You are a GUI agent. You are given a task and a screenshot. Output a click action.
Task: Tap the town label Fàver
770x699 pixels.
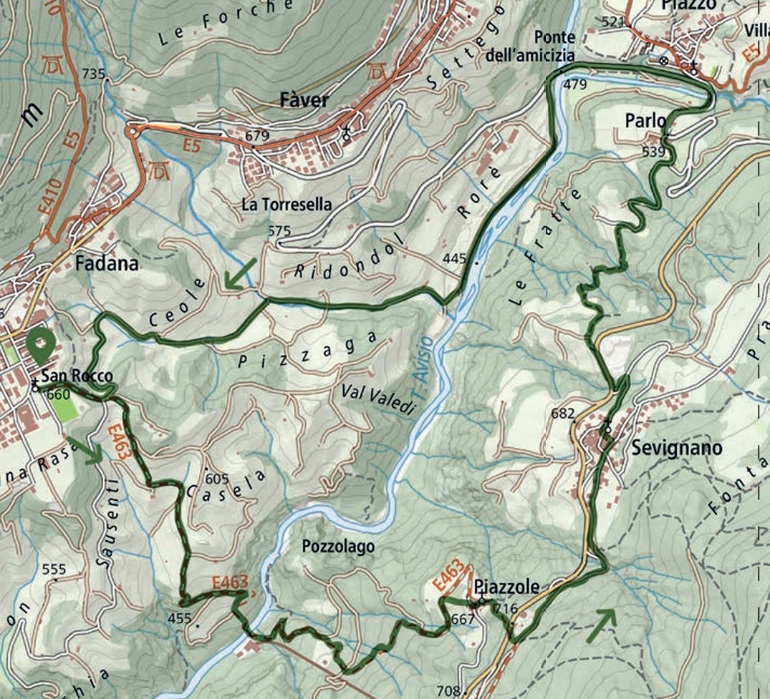tap(302, 99)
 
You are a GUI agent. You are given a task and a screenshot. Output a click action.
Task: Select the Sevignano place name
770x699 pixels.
tap(677, 447)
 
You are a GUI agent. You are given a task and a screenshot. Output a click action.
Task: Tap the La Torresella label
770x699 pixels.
tap(287, 205)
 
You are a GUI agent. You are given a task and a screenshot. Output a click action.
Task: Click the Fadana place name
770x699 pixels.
tap(105, 264)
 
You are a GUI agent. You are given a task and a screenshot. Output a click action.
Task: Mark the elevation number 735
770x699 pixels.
tap(93, 74)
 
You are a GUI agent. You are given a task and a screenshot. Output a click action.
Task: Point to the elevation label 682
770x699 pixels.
tap(564, 414)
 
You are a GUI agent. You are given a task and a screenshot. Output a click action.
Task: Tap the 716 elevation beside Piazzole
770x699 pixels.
tap(505, 609)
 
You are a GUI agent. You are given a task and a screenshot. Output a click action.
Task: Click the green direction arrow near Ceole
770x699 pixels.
tap(237, 275)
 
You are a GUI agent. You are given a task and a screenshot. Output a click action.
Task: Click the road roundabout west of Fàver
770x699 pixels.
tap(133, 131)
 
